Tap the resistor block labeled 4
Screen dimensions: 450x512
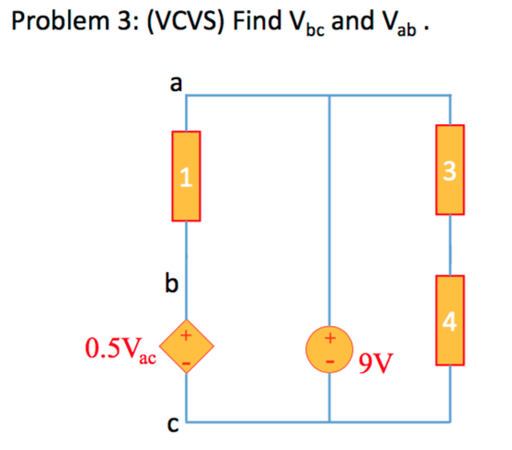click(x=449, y=320)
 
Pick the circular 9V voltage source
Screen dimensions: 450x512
click(x=329, y=352)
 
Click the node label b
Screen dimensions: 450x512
click(x=170, y=283)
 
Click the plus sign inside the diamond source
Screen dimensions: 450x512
click(x=187, y=337)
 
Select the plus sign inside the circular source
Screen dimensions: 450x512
click(x=329, y=339)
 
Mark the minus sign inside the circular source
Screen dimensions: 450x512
click(x=329, y=363)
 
